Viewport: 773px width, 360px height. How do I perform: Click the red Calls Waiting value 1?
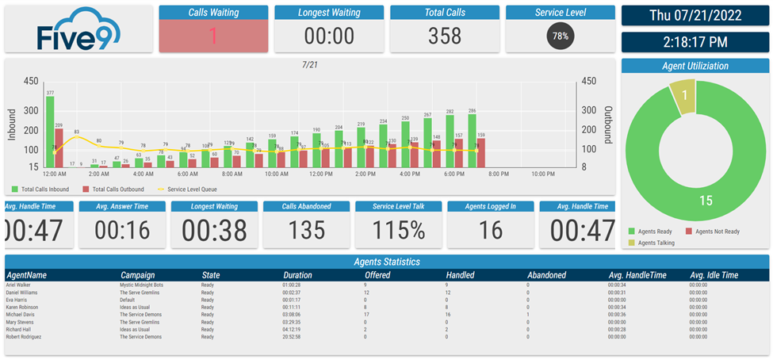(x=212, y=36)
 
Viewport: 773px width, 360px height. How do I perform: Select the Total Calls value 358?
(x=444, y=36)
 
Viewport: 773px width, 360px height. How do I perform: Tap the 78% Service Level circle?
(x=561, y=36)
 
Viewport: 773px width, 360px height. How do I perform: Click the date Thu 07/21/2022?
(x=695, y=15)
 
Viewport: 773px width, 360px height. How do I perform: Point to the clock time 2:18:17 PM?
(x=695, y=42)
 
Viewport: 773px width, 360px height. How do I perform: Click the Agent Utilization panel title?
(x=695, y=66)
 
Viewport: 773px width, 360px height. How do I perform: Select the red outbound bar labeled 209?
(x=59, y=147)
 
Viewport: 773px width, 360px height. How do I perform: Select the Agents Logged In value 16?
(x=491, y=230)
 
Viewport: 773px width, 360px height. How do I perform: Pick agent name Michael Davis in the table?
(x=21, y=314)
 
